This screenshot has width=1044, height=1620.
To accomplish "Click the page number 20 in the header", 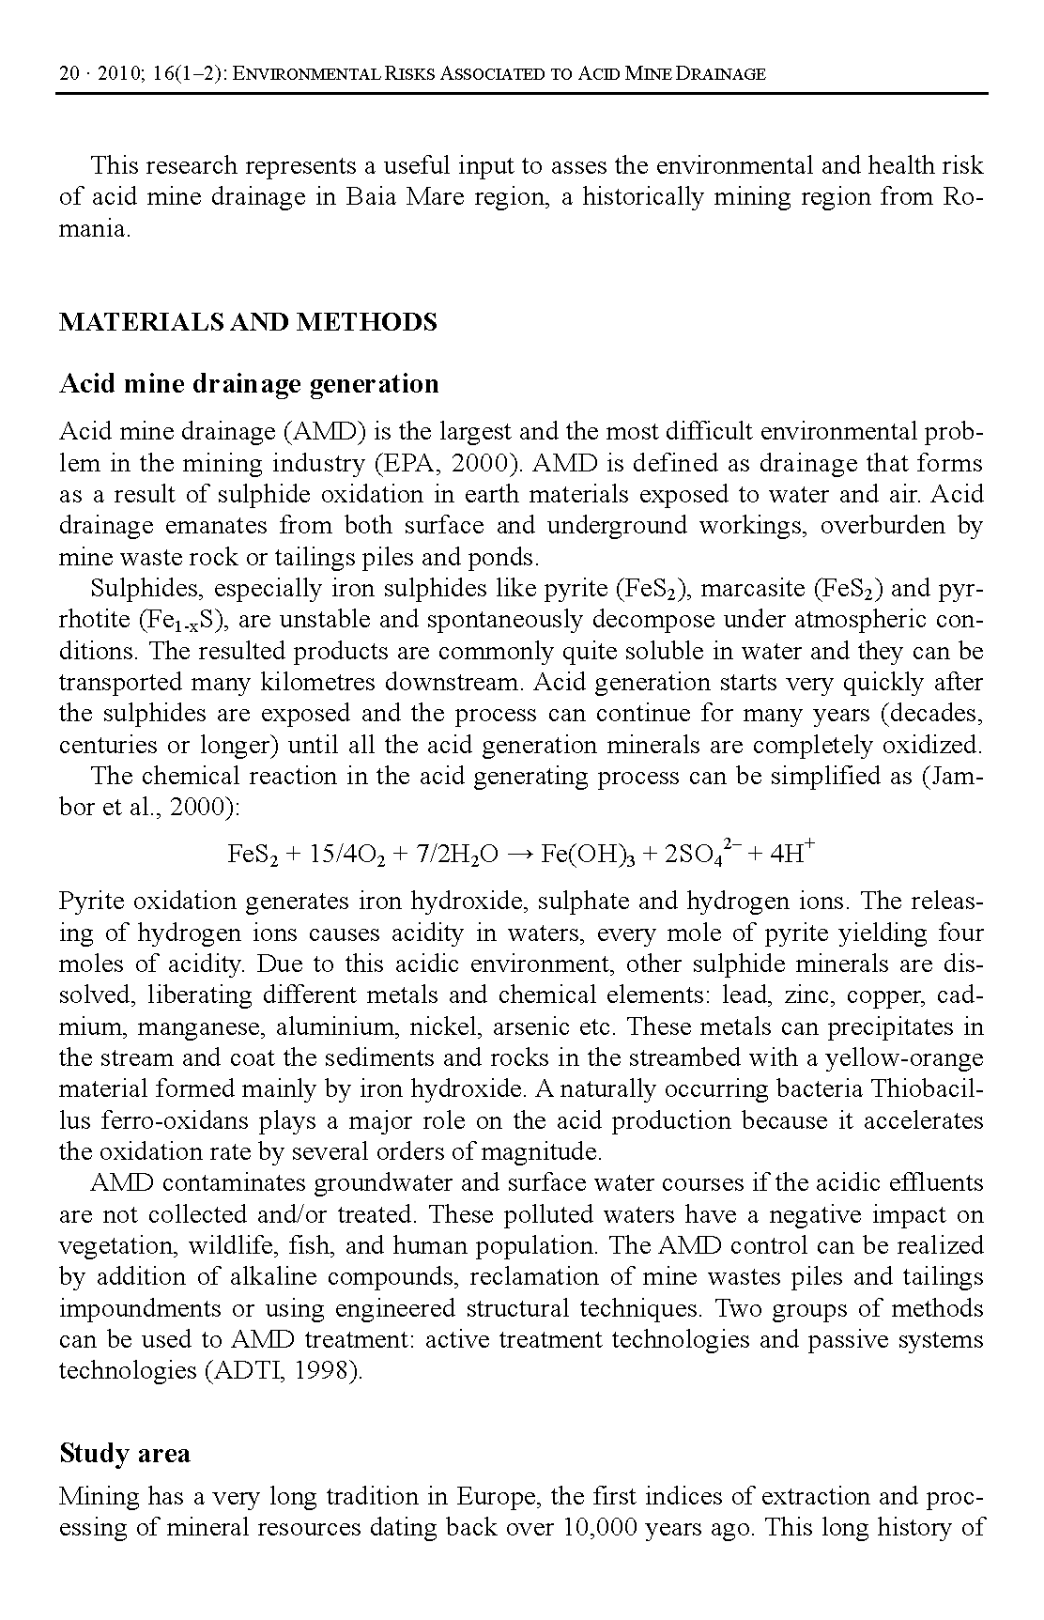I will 69,73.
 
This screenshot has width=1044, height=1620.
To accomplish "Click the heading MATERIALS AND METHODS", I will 248,322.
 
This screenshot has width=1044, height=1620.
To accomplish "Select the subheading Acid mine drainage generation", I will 249,383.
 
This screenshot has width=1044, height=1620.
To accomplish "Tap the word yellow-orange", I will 904,1058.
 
